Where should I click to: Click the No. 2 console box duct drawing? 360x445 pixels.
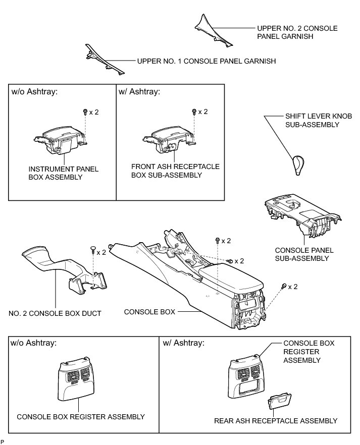pos(61,270)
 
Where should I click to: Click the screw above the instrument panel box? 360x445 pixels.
pos(85,112)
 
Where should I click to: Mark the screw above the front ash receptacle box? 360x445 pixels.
pos(194,112)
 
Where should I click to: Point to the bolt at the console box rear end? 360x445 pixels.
pos(284,286)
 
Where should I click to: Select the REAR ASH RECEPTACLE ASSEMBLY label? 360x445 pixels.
pos(275,421)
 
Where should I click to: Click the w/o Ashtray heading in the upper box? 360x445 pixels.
pos(34,92)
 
